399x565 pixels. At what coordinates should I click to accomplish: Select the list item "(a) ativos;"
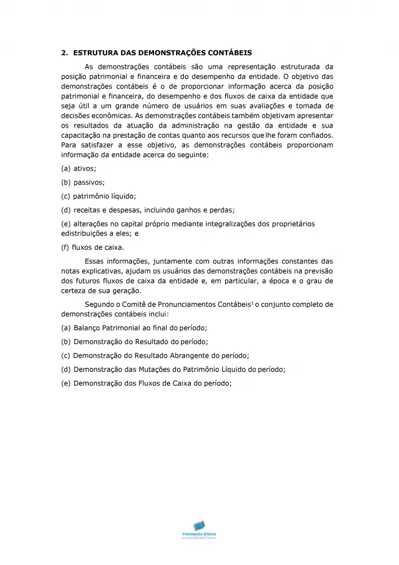(x=78, y=168)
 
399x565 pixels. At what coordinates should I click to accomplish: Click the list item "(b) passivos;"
(x=83, y=182)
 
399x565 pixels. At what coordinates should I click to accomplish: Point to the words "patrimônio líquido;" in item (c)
(x=105, y=196)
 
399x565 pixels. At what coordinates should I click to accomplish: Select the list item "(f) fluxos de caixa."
(x=93, y=247)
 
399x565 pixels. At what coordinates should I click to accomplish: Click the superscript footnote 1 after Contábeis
(x=252, y=303)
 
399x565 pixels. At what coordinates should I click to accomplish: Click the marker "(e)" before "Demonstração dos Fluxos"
(x=66, y=383)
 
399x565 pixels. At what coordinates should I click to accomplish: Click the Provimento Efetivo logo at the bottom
(x=199, y=529)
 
